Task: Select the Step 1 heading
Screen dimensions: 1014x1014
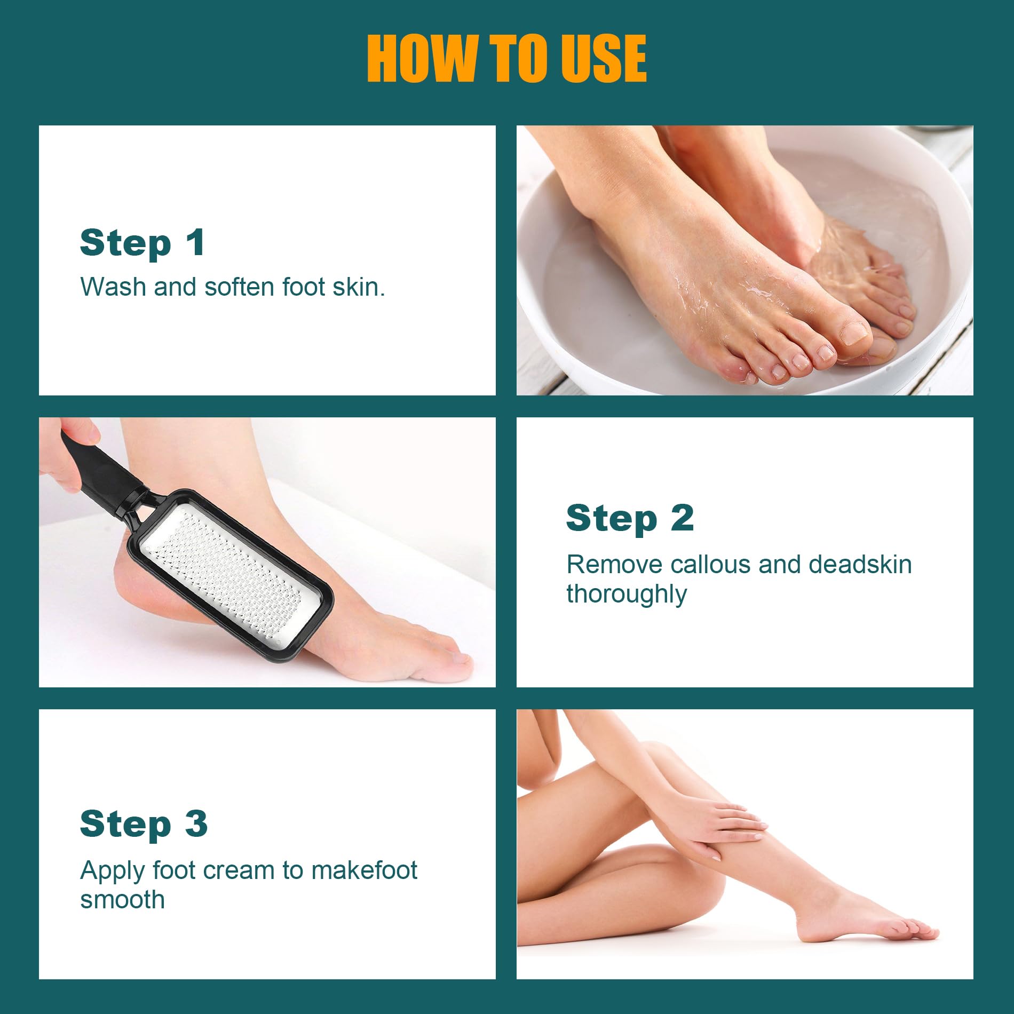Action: click(x=142, y=243)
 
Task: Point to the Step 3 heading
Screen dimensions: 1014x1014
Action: click(x=143, y=823)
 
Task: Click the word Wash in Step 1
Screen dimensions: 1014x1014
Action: click(x=113, y=287)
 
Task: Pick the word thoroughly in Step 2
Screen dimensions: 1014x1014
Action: click(x=627, y=594)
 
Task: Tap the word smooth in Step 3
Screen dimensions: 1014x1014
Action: click(x=122, y=900)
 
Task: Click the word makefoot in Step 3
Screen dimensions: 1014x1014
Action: click(x=364, y=870)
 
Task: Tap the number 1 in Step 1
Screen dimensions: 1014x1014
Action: click(x=195, y=243)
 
